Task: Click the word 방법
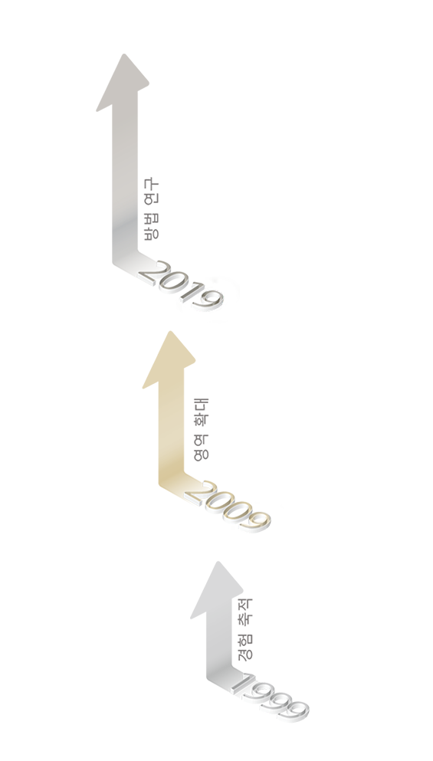[151, 225]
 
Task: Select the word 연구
[151, 191]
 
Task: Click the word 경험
[246, 646]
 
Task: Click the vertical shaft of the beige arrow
[172, 427]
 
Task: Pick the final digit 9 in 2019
[210, 300]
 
